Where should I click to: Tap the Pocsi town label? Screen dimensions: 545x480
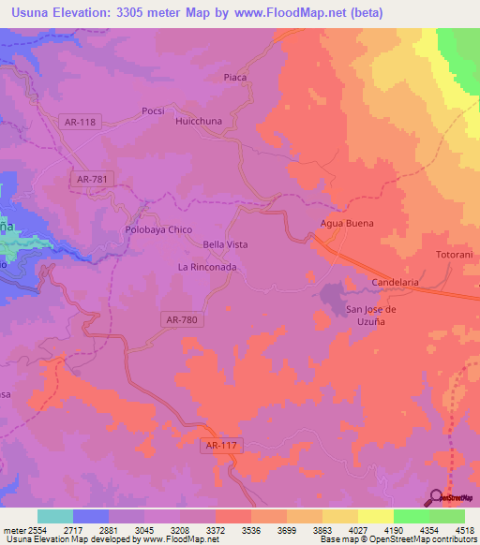[x=153, y=110]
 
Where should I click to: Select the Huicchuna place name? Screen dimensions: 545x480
[x=200, y=121]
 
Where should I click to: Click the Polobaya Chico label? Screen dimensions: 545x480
[x=158, y=229]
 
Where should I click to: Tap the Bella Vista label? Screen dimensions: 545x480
[x=225, y=244]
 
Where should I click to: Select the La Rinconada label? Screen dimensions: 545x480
[x=207, y=267]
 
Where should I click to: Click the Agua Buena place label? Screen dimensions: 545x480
[x=347, y=223]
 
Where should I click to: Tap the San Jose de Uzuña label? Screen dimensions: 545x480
[x=372, y=316]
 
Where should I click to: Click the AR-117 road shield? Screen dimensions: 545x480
[x=222, y=448]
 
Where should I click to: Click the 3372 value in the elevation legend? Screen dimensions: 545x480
[x=197, y=529]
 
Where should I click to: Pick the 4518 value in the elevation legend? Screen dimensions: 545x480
[x=465, y=529]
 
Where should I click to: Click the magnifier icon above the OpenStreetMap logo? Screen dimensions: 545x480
[x=437, y=497]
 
